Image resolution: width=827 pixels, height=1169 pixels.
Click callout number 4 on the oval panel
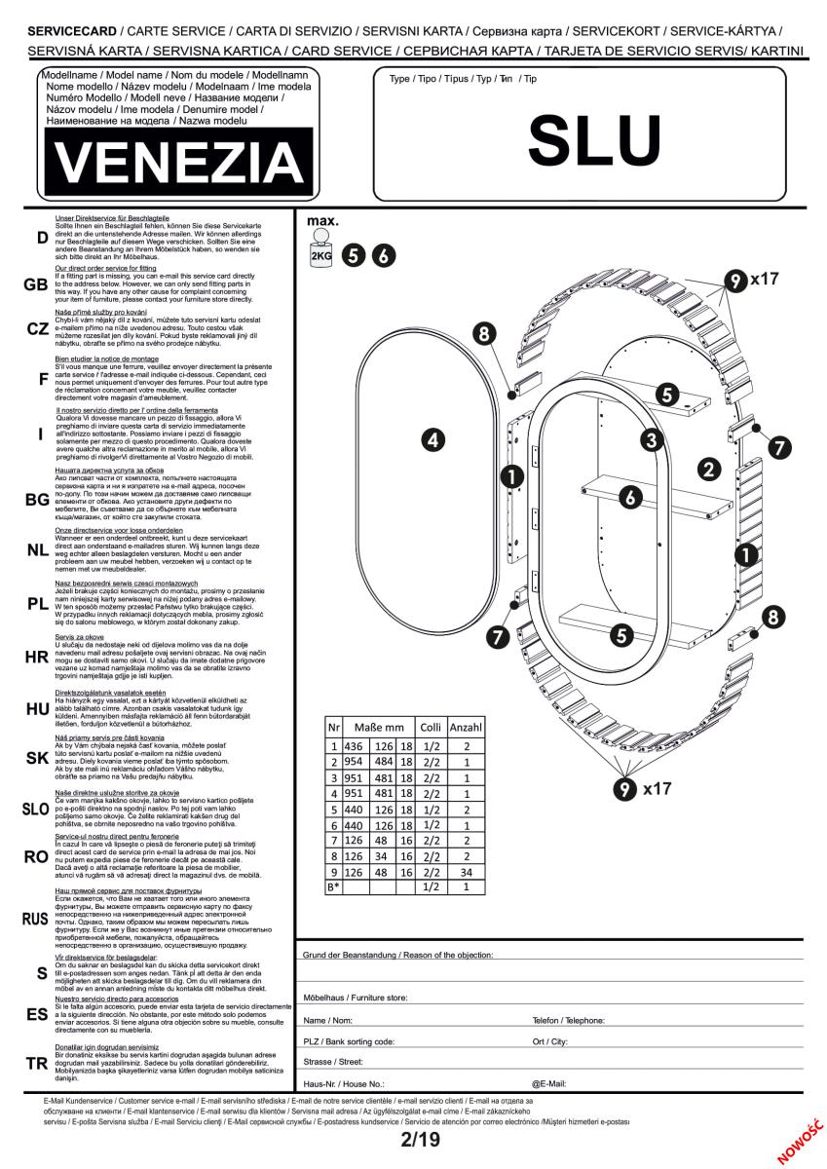435,441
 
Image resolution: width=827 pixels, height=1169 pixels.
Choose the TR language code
36,1063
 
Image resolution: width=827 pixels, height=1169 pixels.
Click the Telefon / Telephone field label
569,1020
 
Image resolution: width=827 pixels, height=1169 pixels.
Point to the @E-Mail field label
549,1082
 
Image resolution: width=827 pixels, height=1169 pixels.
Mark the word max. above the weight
322,221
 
